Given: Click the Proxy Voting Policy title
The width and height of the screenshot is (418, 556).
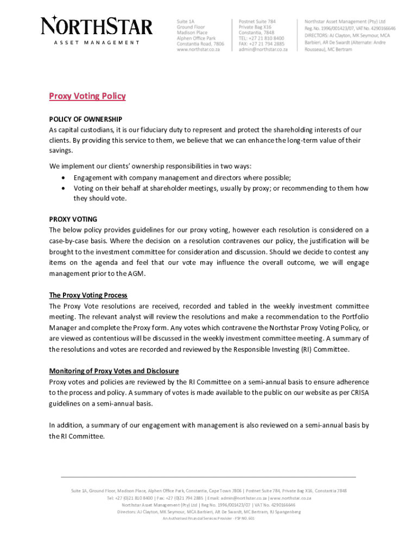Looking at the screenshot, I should [87, 96].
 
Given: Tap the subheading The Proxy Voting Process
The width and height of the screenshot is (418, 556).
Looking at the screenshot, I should [88, 295].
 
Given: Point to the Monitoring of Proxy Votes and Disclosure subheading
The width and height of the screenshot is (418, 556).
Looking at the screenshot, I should [114, 371].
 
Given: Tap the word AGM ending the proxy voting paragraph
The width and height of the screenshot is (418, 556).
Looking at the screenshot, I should [138, 273].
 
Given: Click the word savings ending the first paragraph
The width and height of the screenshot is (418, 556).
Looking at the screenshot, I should [61, 150].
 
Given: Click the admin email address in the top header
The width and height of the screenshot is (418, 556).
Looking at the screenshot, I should [263, 49].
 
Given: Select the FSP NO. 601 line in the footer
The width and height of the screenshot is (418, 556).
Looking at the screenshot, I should [209, 518].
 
